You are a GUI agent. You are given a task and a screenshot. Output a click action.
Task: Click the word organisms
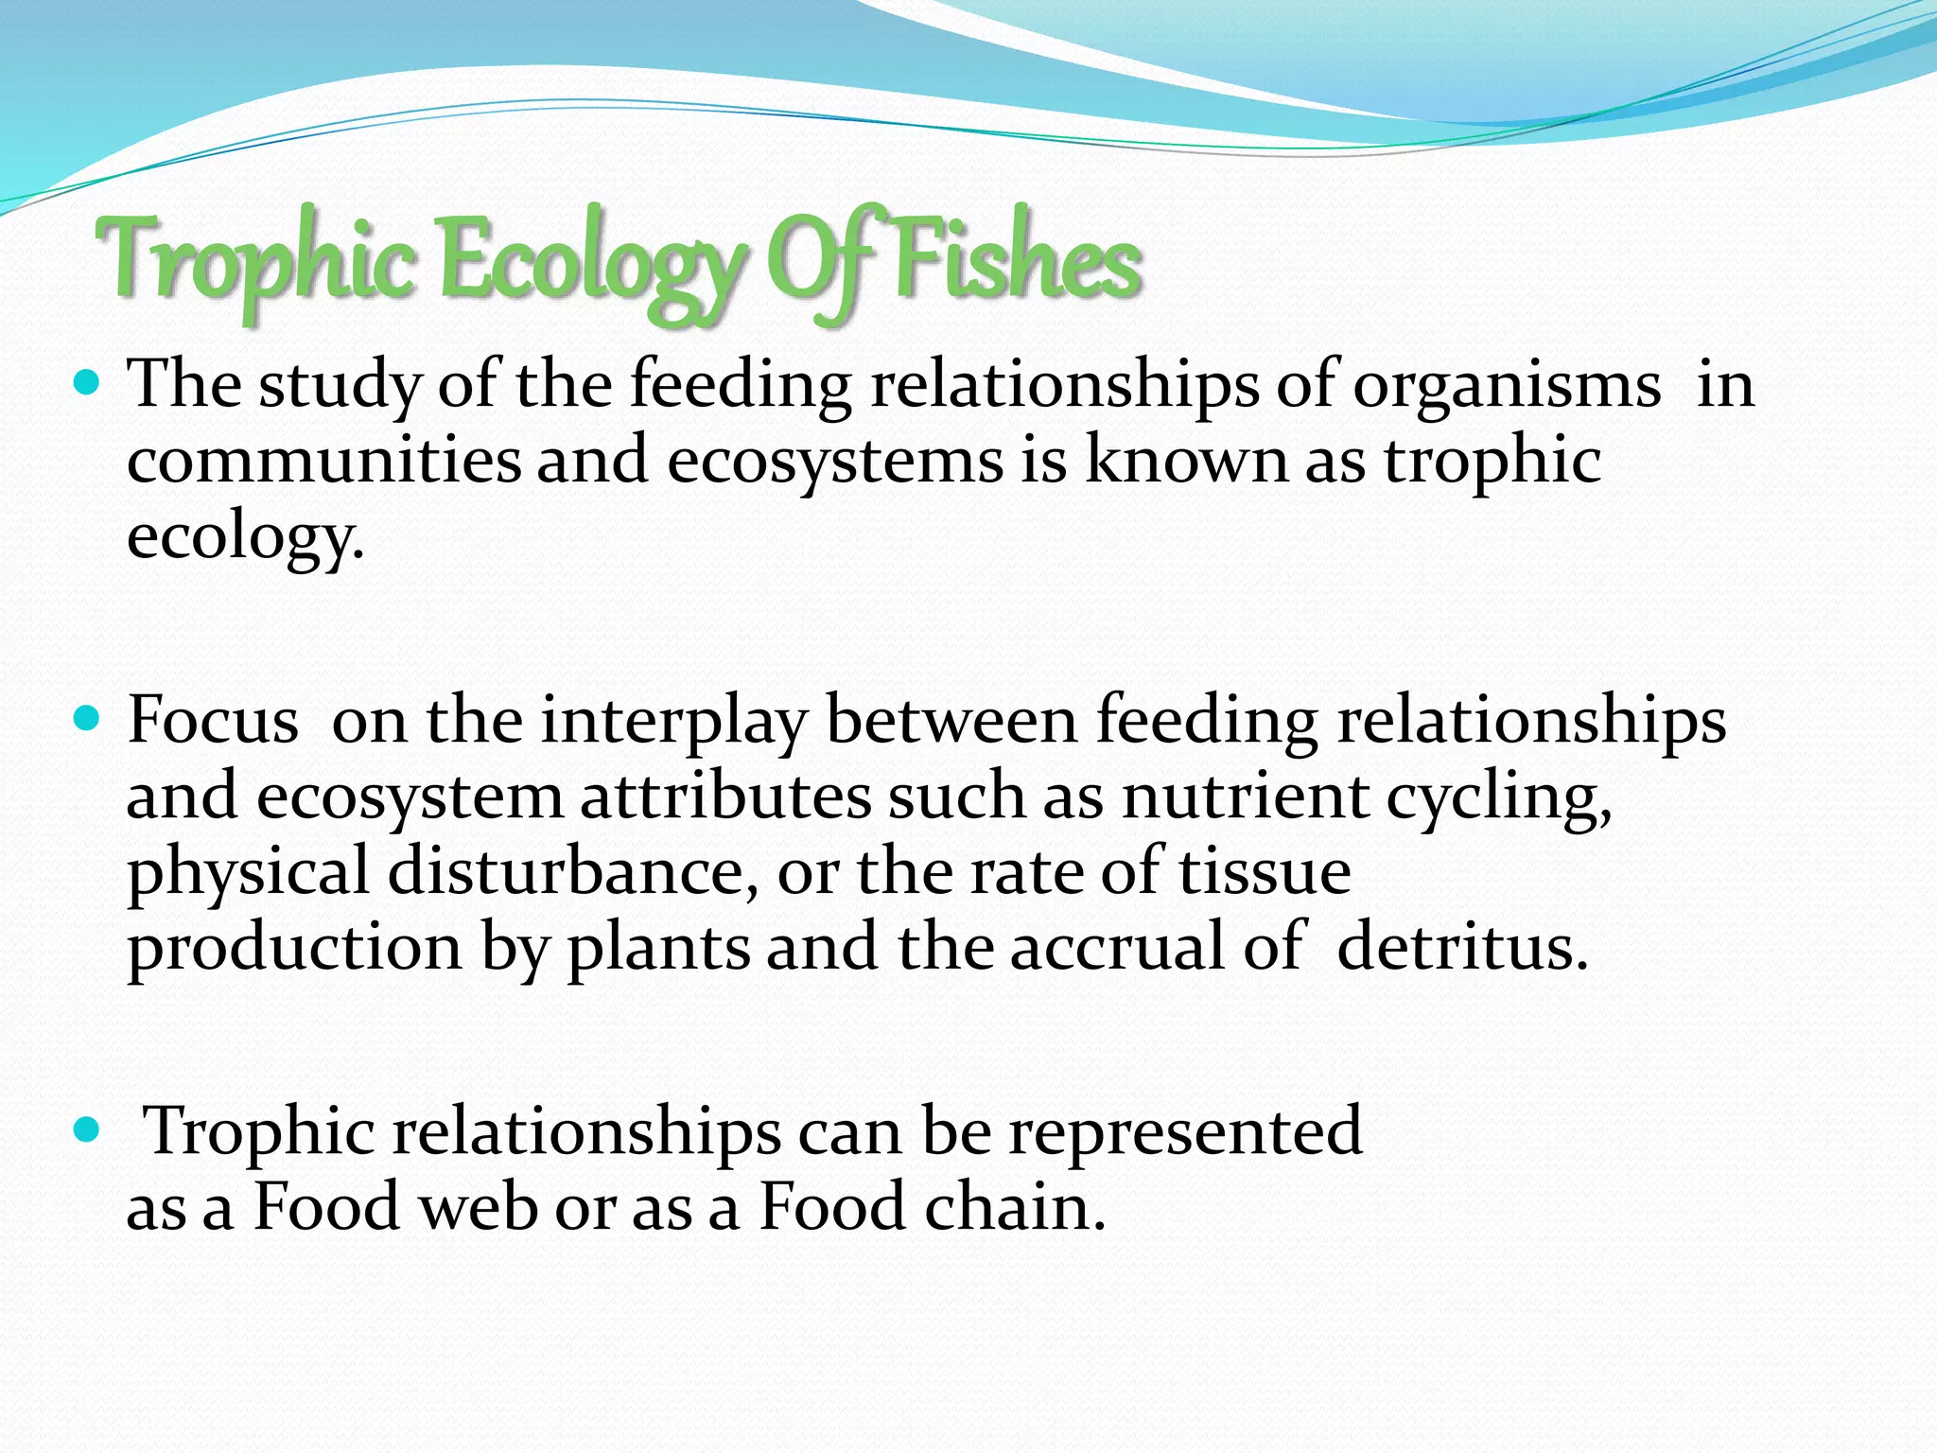1506,386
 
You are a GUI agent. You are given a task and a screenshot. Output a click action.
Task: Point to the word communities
323,461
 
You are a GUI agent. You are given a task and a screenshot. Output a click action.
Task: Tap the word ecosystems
834,463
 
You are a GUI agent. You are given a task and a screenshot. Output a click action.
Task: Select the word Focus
213,721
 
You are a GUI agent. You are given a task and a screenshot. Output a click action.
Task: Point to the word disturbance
572,871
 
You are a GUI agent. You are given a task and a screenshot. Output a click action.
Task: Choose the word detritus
1462,947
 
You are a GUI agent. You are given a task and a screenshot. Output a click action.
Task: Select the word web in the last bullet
479,1208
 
